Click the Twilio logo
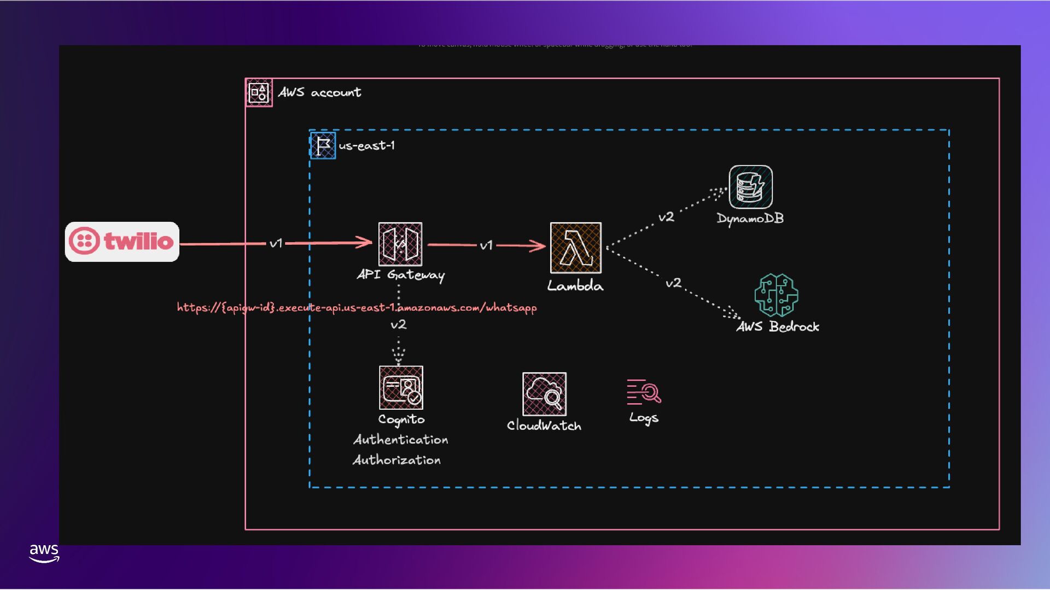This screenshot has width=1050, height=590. point(122,241)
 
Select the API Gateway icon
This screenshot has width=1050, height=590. point(400,244)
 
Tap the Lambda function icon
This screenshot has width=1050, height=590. point(576,247)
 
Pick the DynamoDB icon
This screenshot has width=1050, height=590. point(750,187)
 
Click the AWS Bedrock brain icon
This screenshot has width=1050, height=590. point(776,295)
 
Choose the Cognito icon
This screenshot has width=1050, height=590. point(401,387)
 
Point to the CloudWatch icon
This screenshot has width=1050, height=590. point(544,394)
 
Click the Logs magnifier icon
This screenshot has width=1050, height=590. point(644,392)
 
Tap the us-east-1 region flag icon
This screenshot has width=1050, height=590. point(323,145)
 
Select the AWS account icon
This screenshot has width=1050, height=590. point(259,92)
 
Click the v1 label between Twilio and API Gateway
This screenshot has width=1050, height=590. point(276,243)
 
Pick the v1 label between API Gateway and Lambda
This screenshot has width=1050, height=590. point(486,245)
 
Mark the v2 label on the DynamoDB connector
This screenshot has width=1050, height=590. point(666,217)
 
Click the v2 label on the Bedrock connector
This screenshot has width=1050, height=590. point(673,283)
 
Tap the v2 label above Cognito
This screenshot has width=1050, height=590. point(399,324)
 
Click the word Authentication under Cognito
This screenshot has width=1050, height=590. point(401,440)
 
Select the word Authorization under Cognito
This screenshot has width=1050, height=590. point(397,460)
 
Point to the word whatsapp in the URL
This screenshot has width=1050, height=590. point(511,308)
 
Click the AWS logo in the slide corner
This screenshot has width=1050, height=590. point(44,552)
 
